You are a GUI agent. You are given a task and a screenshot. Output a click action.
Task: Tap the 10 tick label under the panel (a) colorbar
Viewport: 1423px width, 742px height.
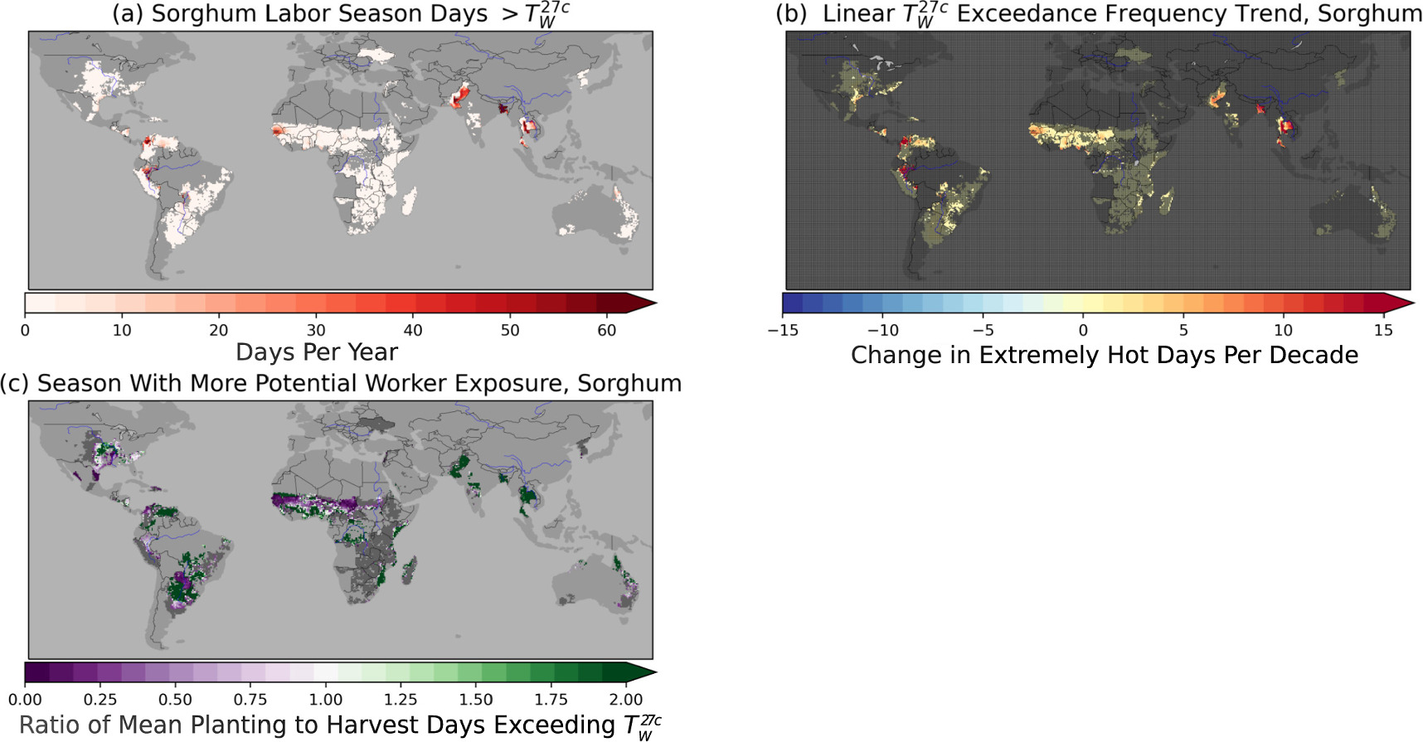122,330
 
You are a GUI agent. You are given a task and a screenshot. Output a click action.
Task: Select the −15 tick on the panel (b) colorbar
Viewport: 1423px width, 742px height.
784,330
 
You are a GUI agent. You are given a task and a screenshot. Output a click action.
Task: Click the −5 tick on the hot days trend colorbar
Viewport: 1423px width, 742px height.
983,330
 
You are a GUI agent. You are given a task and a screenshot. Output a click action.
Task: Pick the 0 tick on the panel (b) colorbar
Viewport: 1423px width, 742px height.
1083,330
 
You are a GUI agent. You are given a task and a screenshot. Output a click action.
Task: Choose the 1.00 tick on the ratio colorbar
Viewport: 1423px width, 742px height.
326,700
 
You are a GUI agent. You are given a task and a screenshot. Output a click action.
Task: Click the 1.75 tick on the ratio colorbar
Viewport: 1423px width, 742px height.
551,700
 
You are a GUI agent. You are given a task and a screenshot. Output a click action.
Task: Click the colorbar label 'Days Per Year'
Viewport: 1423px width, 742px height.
316,352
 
